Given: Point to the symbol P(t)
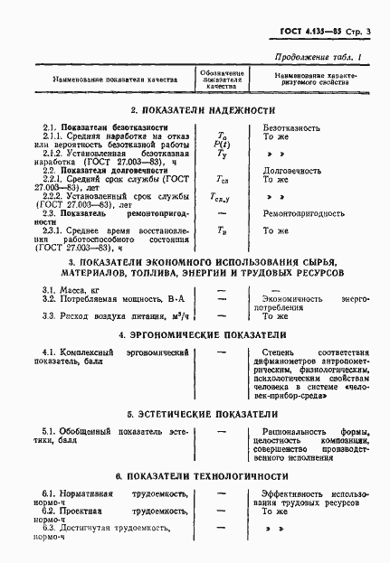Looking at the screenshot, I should point(222,145).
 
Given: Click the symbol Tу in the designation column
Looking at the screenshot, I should point(222,155).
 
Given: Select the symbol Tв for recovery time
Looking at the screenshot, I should point(222,230).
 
